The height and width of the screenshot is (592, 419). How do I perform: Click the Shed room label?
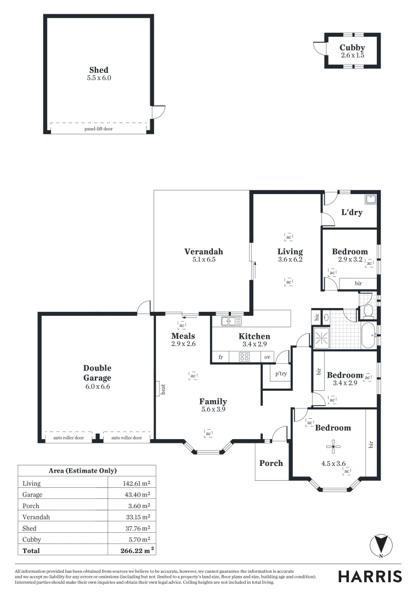[x=99, y=70]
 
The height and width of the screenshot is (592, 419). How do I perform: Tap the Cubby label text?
[x=352, y=48]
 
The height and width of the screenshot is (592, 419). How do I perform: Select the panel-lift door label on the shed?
[x=99, y=129]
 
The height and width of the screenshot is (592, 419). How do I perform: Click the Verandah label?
[x=203, y=252]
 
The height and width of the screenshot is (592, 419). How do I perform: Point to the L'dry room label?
[x=352, y=212]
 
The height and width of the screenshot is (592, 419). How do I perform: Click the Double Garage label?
[x=97, y=373]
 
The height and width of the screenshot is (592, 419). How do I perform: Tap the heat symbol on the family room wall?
[x=163, y=389]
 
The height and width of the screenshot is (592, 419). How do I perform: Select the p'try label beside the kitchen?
[x=281, y=374]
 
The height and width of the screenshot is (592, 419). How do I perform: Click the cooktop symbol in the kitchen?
[x=245, y=357]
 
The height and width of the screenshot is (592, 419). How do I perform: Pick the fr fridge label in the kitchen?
[x=220, y=357]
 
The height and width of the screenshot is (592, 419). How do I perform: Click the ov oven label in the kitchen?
[x=267, y=357]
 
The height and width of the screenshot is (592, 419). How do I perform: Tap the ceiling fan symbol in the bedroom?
[x=331, y=445]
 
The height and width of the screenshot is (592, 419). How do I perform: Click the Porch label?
[x=271, y=463]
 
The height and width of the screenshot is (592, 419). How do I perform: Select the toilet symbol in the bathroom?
[x=368, y=312]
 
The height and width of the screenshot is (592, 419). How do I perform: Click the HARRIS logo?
[x=370, y=576]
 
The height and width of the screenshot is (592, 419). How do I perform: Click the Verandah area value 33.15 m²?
[x=137, y=517]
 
